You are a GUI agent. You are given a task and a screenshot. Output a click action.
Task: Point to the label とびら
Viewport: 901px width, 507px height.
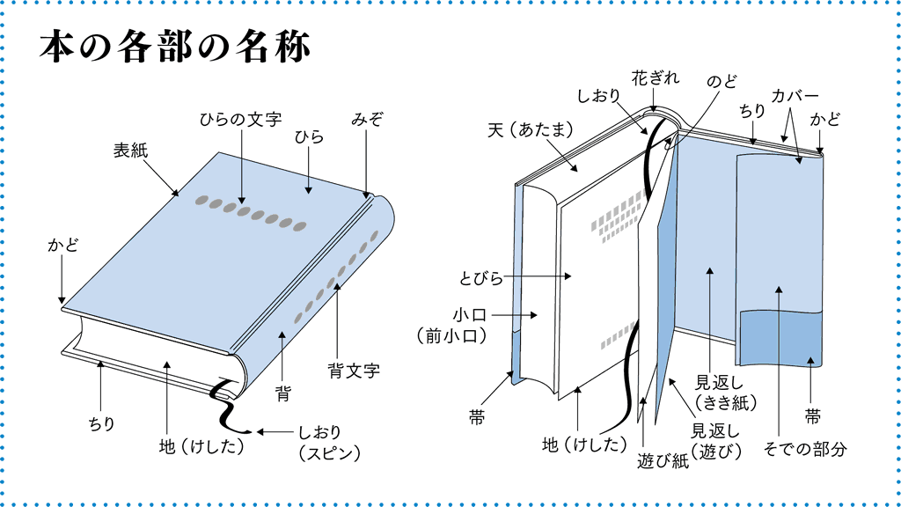(x=481, y=279)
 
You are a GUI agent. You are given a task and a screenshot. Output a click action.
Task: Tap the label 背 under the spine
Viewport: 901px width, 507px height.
(x=282, y=388)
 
